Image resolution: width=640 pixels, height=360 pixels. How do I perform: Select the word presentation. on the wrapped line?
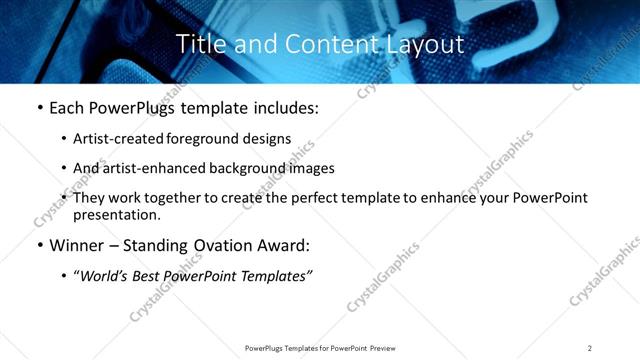tap(117, 214)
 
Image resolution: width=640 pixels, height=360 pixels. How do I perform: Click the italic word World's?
tap(101, 276)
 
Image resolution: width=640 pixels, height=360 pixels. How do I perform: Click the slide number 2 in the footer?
tap(590, 347)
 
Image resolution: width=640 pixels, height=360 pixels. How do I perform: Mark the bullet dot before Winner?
tap(39, 245)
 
